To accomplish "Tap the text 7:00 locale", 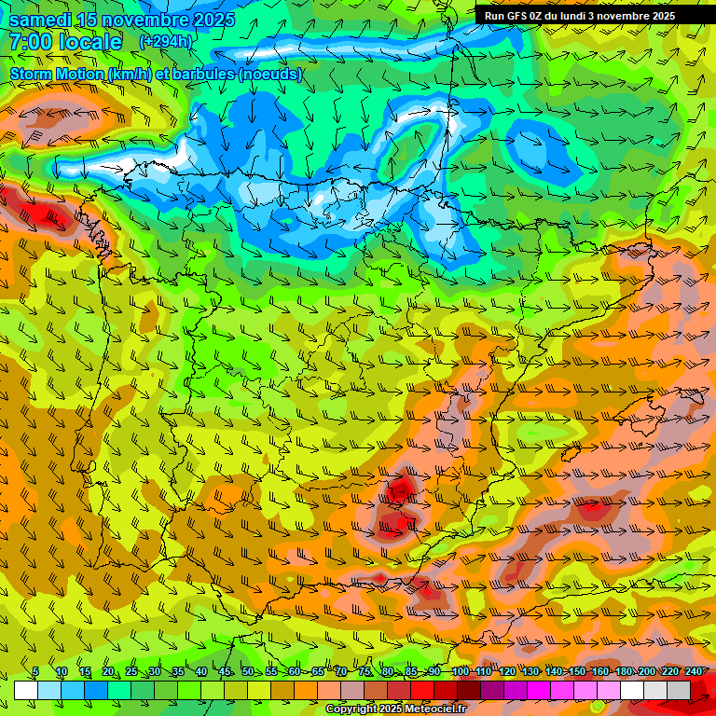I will pyautogui.click(x=65, y=42).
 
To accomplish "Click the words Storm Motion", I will pyautogui.click(x=57, y=74).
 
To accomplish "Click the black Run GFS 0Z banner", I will pyautogui.click(x=580, y=15).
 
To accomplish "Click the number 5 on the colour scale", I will pyautogui.click(x=35, y=671).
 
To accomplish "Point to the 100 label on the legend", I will pyautogui.click(x=460, y=671).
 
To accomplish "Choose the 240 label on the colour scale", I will pyautogui.click(x=694, y=671).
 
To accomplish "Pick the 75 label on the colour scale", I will pyautogui.click(x=365, y=671).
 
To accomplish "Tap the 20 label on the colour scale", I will pyautogui.click(x=108, y=671).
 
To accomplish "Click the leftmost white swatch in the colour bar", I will pyautogui.click(x=26, y=690).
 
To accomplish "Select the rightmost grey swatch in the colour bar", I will pyautogui.click(x=679, y=690).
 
